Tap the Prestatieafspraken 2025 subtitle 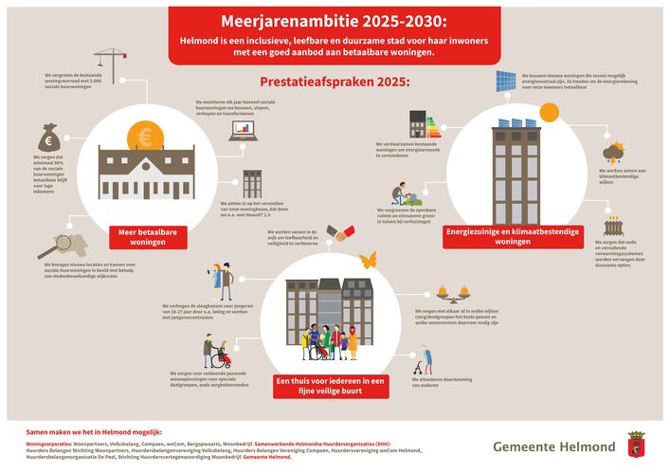(x=335, y=82)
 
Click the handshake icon (x=341, y=232)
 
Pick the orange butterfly (x=369, y=258)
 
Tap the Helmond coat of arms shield (x=635, y=443)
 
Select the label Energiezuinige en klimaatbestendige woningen (x=507, y=236)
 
